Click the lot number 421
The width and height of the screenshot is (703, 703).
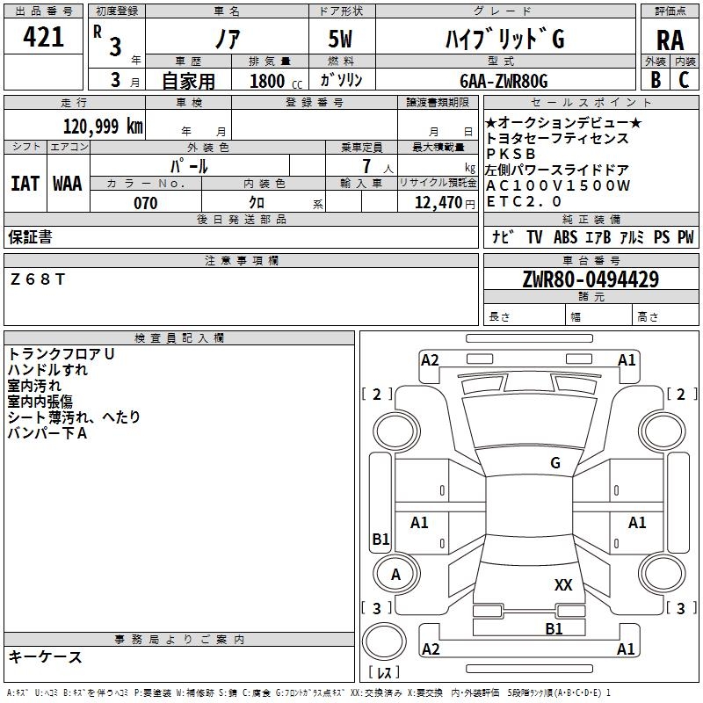point(43,37)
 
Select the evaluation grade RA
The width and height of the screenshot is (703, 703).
point(670,40)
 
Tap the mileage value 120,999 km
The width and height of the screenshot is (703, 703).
point(103,127)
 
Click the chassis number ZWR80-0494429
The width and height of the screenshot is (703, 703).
point(591,279)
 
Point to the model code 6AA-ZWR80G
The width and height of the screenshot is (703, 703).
point(504,81)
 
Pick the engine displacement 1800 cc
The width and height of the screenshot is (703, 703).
point(275,81)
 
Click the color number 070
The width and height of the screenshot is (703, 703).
point(146,203)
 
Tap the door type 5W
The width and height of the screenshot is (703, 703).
point(340,39)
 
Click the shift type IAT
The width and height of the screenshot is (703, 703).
point(25,184)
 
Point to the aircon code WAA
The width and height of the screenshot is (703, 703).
point(68,184)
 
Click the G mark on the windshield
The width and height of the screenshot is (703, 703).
point(555,463)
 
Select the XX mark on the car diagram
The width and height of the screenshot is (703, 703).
point(563,585)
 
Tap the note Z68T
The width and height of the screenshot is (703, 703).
point(38,279)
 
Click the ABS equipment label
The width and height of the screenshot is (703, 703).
point(565,236)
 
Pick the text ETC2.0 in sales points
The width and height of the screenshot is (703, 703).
point(524,202)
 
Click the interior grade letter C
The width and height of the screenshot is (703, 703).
point(685,80)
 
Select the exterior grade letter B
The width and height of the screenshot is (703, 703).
point(656,80)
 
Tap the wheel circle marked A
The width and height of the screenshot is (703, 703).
point(396,574)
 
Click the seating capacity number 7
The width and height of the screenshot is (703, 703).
point(366,166)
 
